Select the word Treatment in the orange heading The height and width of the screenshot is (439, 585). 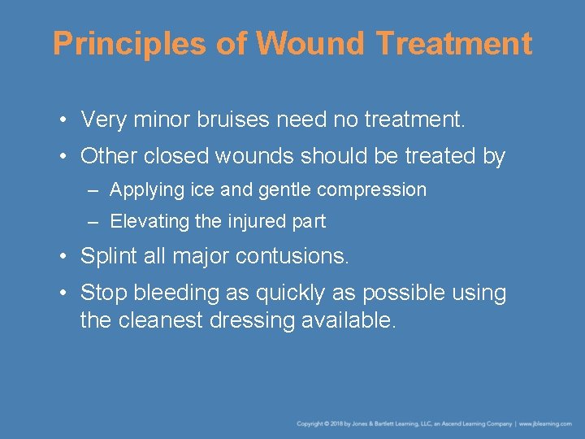click(455, 44)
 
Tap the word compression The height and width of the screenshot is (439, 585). click(371, 190)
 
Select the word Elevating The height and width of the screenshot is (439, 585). click(149, 221)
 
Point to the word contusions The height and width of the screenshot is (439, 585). click(292, 257)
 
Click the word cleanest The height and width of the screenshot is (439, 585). click(160, 320)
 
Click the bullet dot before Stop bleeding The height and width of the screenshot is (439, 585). click(63, 293)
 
